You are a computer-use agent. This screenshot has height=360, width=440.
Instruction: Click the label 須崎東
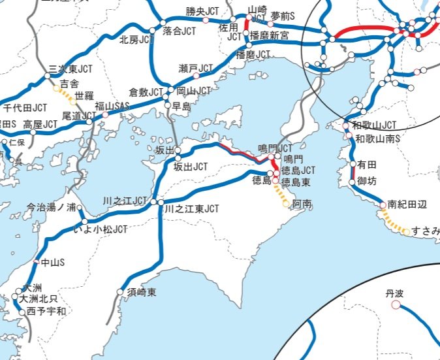(x=142, y=292)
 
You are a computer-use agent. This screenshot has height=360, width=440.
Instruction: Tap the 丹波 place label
(x=395, y=294)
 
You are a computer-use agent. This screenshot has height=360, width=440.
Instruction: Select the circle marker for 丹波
(x=396, y=304)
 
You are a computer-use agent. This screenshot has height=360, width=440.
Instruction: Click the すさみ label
(x=426, y=231)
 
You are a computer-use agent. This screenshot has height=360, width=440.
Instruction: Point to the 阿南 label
(x=302, y=205)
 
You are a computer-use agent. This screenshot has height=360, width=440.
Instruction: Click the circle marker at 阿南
(x=286, y=204)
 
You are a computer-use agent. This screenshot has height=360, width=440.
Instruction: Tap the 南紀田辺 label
(x=407, y=205)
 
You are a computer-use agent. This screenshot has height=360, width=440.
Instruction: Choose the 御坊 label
(x=367, y=182)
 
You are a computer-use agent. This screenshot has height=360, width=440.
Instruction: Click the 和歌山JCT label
(x=374, y=125)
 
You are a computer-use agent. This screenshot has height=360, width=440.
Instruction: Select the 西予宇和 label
(x=47, y=311)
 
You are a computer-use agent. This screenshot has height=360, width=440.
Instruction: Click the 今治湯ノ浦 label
(x=50, y=208)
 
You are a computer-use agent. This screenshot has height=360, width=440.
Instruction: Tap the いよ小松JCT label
(x=101, y=229)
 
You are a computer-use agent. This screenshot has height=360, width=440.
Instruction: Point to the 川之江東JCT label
(x=191, y=209)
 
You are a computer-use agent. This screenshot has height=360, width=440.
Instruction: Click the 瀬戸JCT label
(x=196, y=68)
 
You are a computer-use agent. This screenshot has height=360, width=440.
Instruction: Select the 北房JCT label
(x=136, y=39)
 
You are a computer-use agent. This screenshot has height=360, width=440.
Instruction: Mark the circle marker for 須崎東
(x=120, y=292)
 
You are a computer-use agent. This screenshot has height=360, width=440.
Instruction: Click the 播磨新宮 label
(x=270, y=36)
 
